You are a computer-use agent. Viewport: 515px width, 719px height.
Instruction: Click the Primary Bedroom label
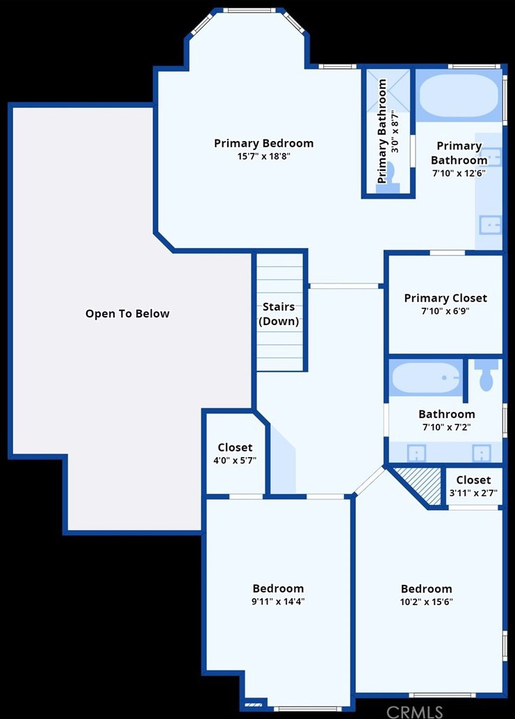[263, 144]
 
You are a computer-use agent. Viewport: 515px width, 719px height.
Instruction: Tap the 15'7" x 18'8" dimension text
[263, 156]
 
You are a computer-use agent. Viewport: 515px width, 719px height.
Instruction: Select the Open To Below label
[127, 313]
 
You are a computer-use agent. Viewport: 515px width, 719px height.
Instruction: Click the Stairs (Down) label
[279, 314]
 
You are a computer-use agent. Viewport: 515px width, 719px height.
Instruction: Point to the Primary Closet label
[445, 298]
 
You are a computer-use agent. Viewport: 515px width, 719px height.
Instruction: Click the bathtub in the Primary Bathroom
[459, 97]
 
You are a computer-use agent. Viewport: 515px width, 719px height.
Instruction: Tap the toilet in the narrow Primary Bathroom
[388, 176]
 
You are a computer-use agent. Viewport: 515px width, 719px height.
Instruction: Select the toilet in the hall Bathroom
[486, 374]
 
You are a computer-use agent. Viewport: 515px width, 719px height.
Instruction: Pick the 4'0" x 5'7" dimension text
[235, 461]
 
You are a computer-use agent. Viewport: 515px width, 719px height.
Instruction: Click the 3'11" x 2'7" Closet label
[474, 480]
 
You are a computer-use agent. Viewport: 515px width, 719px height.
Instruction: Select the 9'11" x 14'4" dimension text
[278, 601]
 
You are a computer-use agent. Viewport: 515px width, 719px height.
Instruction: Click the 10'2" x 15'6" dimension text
[427, 602]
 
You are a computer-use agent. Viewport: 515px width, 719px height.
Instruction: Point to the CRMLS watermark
[414, 711]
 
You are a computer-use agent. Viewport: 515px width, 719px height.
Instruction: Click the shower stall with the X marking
[388, 91]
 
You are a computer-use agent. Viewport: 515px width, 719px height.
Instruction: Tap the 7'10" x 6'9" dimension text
[445, 311]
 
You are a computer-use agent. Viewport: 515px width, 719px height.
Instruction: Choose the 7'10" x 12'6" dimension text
[459, 174]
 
